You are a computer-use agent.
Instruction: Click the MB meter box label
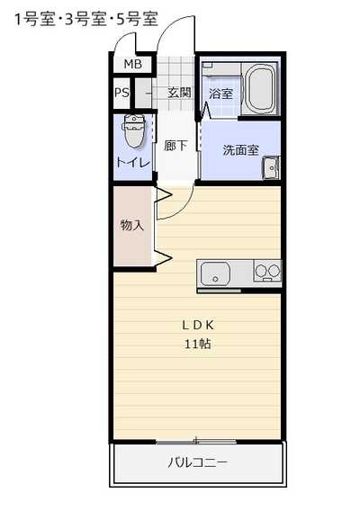point(132,64)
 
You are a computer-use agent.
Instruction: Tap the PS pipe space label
point(121,93)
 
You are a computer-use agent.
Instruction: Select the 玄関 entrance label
point(179,93)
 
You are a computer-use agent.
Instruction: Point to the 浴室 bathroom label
point(220,94)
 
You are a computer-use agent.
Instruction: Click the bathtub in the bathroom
point(259,88)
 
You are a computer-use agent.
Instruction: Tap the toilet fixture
point(133,130)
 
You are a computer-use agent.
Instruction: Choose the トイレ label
point(132,162)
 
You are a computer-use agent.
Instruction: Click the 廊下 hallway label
point(175,146)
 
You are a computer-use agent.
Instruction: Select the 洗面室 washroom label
point(240,150)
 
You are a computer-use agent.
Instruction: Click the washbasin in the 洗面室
point(271,168)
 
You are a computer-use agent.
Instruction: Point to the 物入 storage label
point(132,225)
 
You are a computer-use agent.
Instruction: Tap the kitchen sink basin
point(215,273)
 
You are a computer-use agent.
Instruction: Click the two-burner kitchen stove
point(267,271)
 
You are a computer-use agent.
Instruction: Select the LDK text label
point(198,326)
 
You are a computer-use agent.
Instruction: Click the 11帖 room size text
point(198,344)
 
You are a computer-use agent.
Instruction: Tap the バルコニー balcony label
point(198,462)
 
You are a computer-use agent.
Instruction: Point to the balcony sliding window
point(196,442)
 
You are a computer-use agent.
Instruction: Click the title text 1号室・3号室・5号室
point(86,19)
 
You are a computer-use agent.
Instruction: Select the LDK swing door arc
point(184,210)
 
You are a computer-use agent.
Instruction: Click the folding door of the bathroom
point(205,112)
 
